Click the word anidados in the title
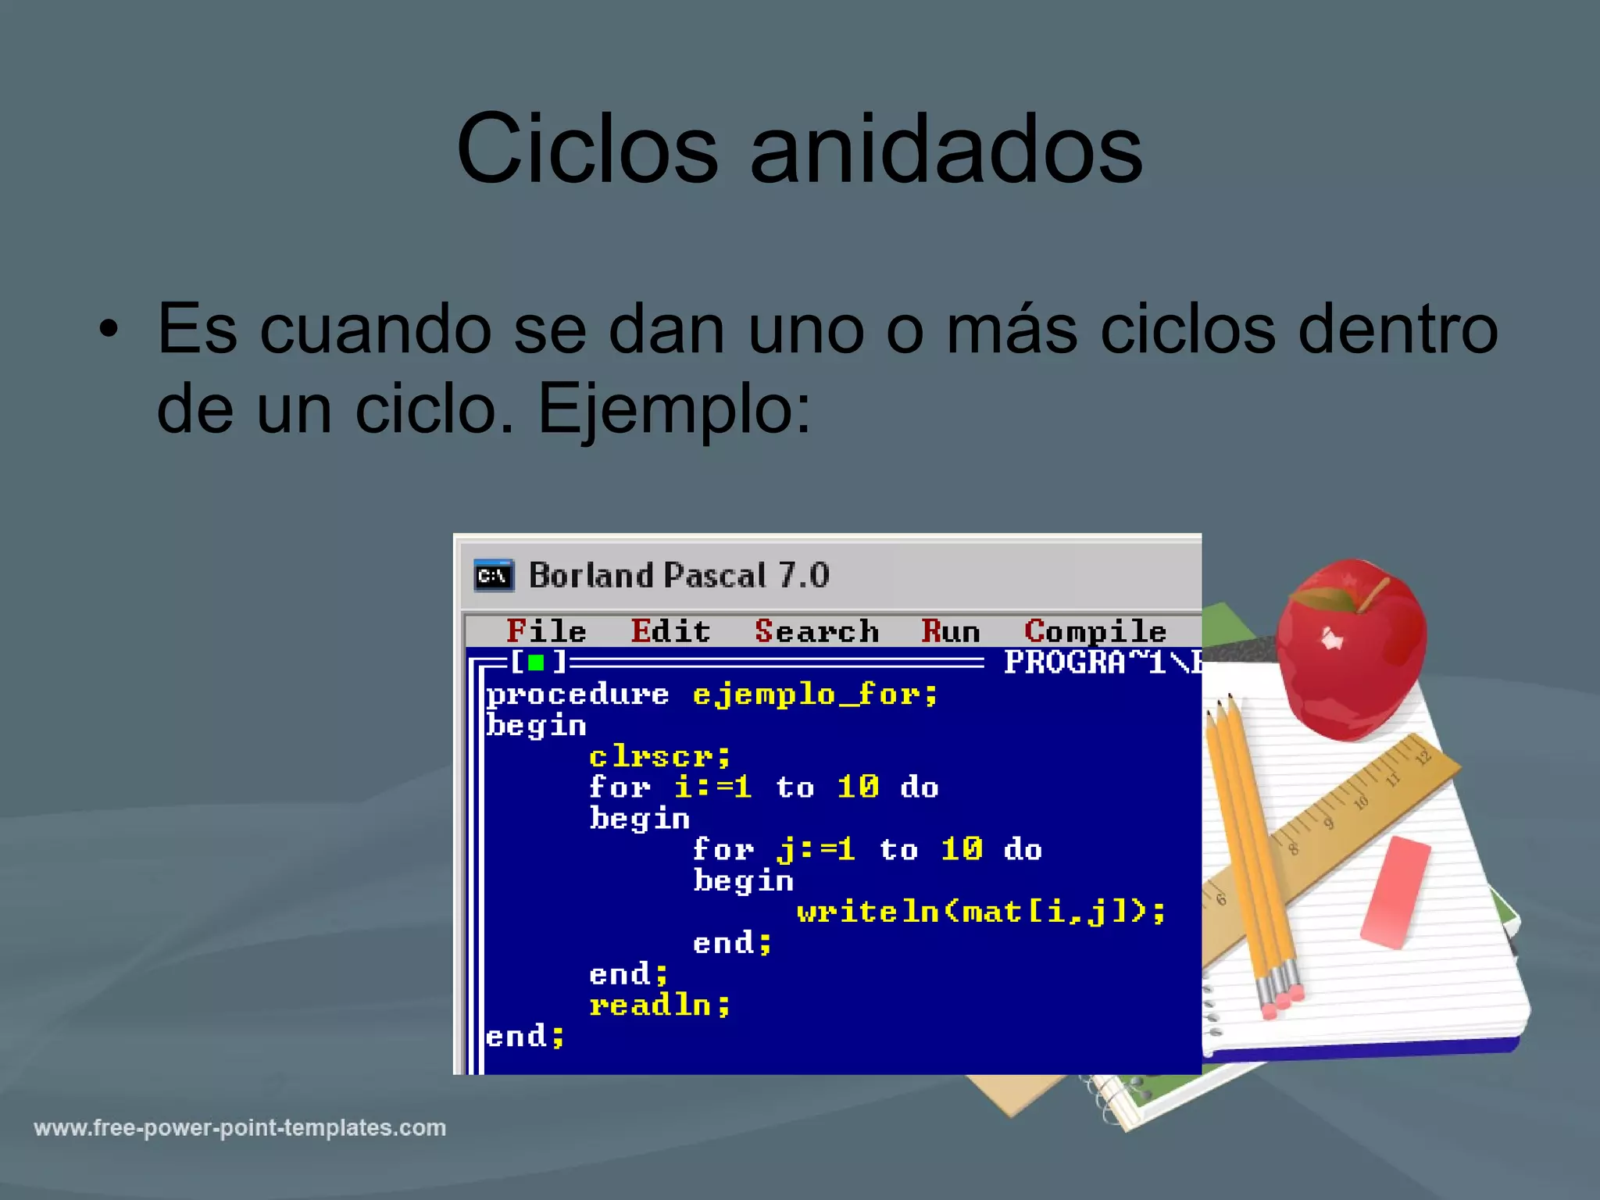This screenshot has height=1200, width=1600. (x=946, y=148)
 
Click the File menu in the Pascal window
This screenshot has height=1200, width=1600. (x=546, y=631)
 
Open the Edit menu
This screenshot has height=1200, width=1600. (x=670, y=631)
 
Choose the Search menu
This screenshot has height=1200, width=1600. (x=816, y=631)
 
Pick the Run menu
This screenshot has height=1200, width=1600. (x=950, y=631)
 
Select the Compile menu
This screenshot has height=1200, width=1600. (x=1095, y=631)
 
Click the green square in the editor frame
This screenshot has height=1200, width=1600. (x=536, y=663)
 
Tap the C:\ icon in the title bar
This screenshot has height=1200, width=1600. (x=493, y=576)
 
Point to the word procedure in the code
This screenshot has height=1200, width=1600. (x=577, y=695)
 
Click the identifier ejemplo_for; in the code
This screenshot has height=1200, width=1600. (x=815, y=695)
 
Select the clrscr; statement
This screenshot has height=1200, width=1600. (x=659, y=756)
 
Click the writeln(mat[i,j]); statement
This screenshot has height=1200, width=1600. (x=980, y=912)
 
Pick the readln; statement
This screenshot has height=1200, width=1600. (x=659, y=1005)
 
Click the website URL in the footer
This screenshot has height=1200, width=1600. (x=240, y=1128)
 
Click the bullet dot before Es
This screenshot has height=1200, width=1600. (x=109, y=330)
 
